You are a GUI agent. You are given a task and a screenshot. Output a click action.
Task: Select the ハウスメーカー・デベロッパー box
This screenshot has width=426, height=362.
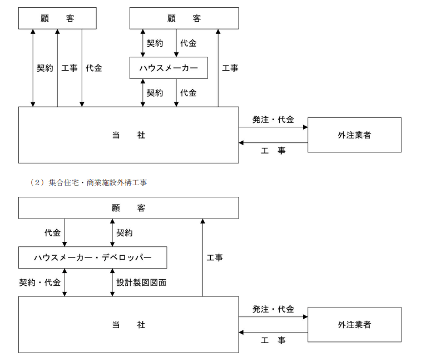93,257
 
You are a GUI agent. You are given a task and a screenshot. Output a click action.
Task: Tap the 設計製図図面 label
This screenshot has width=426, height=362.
141,282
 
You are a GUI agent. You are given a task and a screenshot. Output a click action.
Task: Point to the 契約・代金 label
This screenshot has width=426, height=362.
40,282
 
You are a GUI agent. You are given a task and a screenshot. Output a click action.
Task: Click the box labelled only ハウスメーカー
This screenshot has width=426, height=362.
168,68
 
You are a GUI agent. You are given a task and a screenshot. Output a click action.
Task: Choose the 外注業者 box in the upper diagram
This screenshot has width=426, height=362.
354,135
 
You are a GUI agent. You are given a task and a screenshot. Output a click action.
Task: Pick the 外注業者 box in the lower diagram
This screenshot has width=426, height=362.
354,325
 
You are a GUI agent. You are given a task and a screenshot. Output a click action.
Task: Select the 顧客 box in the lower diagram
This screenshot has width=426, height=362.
128,208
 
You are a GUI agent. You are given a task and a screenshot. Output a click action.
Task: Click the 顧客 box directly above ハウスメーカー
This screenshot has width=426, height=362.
184,18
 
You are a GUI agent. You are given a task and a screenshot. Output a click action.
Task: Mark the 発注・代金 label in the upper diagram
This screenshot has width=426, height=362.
273,120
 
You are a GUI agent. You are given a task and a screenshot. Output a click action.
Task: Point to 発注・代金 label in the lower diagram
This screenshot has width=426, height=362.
273,309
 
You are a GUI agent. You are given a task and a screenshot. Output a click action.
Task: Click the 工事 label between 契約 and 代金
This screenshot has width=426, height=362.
69,68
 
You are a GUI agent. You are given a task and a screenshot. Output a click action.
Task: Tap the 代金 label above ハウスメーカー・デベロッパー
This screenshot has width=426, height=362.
53,232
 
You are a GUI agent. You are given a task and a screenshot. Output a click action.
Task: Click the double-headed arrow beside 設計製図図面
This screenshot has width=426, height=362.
112,282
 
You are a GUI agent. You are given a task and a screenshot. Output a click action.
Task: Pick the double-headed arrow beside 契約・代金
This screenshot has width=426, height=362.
65,282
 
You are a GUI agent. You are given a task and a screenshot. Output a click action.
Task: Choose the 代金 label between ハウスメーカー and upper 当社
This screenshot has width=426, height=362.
188,93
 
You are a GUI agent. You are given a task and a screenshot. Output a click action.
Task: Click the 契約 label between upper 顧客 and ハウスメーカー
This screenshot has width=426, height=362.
155,43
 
